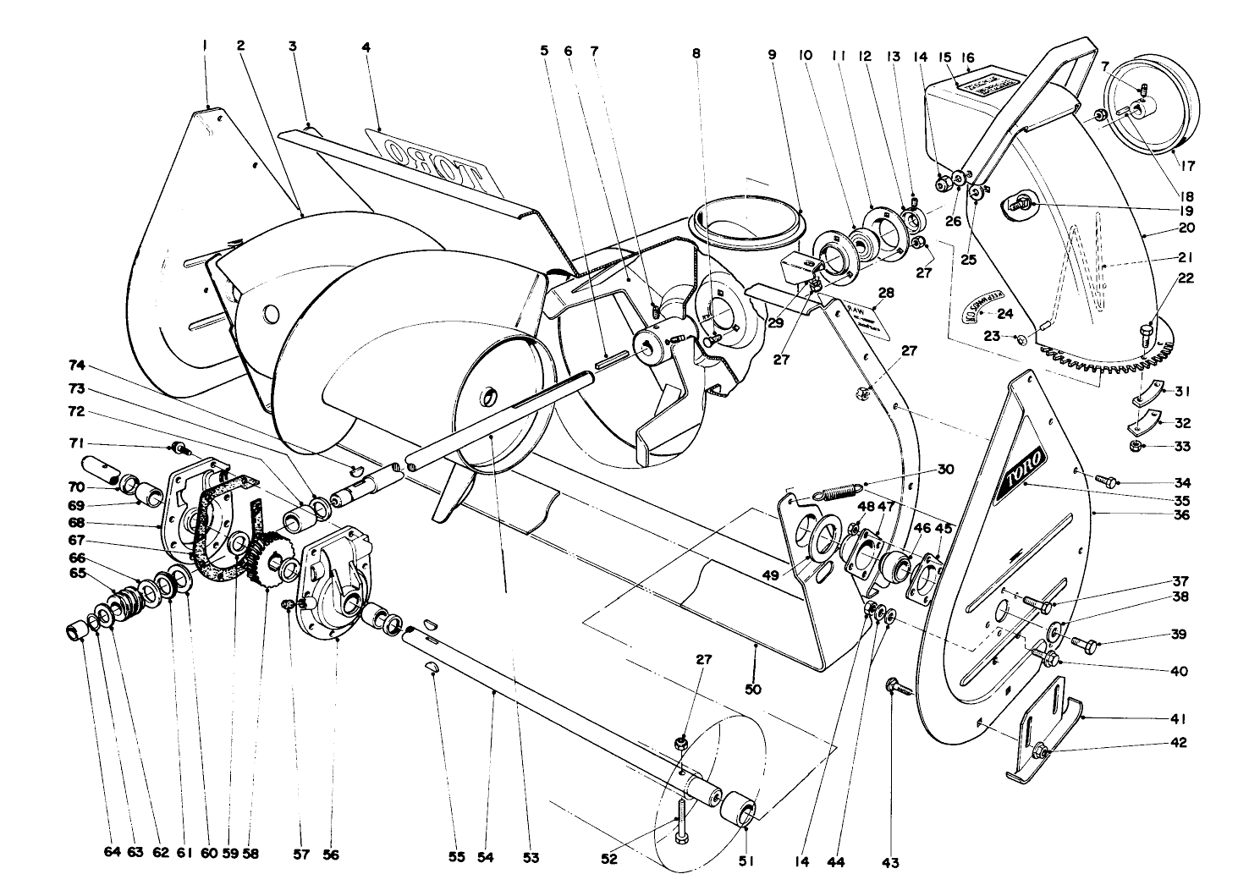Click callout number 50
point(753,689)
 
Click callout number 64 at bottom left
point(113,853)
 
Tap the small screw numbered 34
point(1103,480)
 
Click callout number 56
point(331,855)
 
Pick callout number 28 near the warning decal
point(886,293)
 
